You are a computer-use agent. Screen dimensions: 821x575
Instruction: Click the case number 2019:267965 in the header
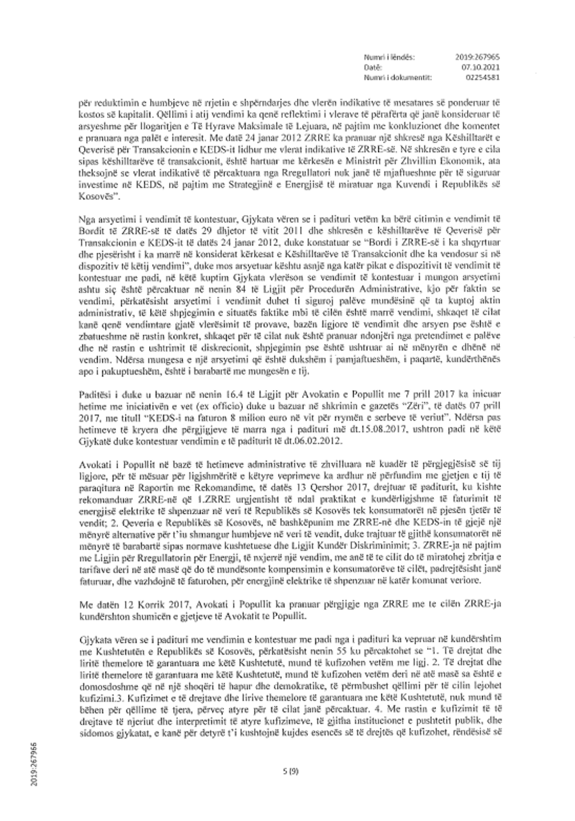[478, 57]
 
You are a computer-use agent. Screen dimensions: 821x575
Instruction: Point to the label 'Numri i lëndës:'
[389, 57]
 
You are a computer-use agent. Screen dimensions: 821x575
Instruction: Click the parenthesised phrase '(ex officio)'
[232, 406]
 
